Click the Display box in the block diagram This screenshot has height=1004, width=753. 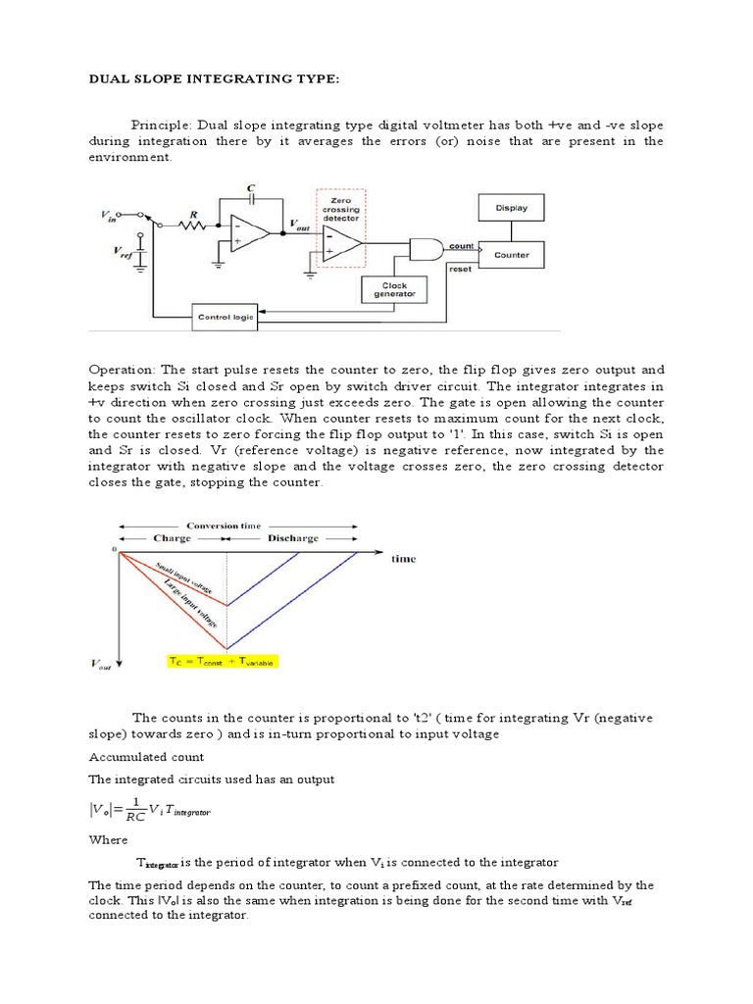pyautogui.click(x=511, y=208)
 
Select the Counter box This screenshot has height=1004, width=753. pyautogui.click(x=511, y=255)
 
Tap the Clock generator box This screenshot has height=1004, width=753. pyautogui.click(x=396, y=290)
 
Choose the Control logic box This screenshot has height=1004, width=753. pyautogui.click(x=226, y=317)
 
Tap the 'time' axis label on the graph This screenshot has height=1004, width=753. pyautogui.click(x=403, y=559)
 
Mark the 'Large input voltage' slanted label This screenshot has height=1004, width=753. pyautogui.click(x=192, y=597)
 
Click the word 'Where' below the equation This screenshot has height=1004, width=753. pyautogui.click(x=107, y=839)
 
